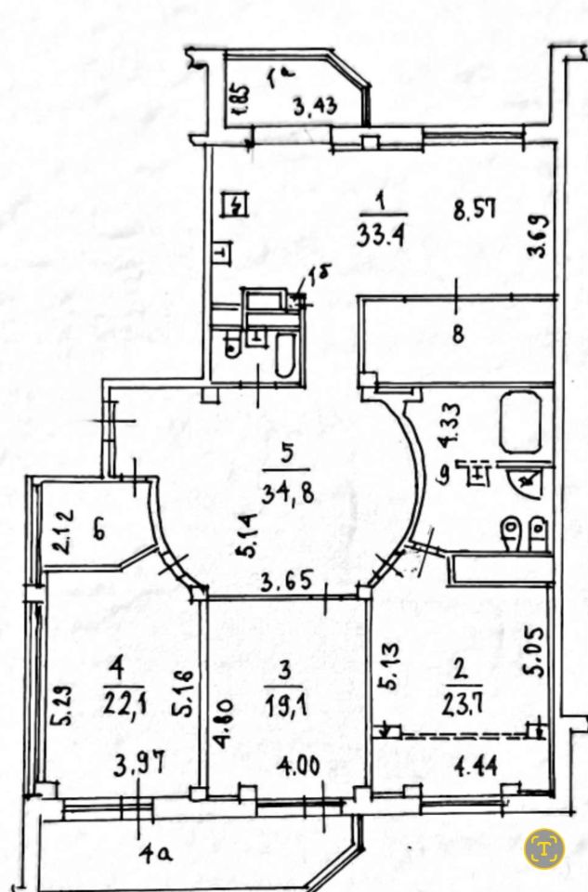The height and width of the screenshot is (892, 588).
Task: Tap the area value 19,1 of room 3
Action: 288,698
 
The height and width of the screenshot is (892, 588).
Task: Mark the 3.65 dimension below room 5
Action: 283,585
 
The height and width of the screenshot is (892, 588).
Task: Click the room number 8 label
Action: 457,334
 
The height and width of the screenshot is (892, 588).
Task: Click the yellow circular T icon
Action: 543,846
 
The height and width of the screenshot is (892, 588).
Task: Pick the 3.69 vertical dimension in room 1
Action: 544,239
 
